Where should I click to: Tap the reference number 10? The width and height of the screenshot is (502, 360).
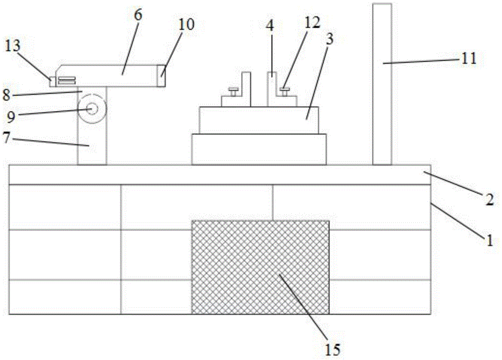point(185,24)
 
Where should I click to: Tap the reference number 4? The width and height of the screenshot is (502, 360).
point(270,26)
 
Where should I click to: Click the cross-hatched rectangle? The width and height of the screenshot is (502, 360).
point(260,266)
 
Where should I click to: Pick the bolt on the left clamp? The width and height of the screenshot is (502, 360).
point(233,91)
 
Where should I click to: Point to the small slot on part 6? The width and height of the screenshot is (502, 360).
point(67,80)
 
